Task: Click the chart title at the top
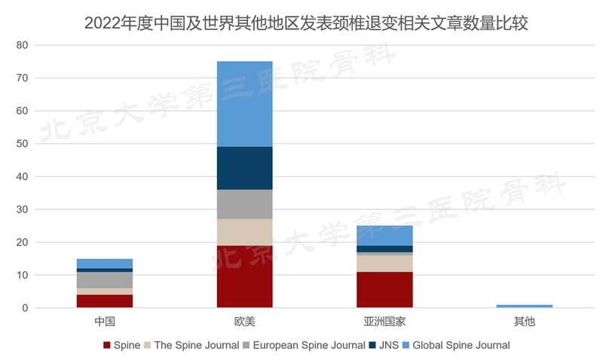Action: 301,23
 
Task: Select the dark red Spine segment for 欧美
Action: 244,276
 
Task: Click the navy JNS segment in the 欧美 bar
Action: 244,168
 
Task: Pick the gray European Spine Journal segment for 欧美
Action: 244,204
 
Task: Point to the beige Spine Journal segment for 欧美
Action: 244,232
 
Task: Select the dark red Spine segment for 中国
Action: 105,301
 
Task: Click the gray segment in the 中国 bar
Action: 105,280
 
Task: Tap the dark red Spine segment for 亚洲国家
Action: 384,290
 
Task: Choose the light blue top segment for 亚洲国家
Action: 384,236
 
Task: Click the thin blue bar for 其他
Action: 524,306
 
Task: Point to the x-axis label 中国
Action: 105,322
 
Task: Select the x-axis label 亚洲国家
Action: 384,322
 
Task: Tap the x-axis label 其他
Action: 524,322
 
